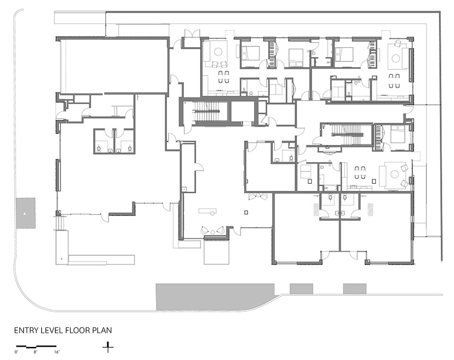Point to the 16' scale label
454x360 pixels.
point(56,352)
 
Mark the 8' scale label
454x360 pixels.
point(35,352)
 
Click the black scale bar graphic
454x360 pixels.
point(36,346)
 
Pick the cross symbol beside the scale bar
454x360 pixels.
point(108,347)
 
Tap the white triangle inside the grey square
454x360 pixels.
point(25,214)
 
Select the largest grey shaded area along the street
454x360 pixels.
point(215,297)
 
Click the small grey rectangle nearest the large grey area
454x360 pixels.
point(301,289)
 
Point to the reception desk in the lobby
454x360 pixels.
point(208,211)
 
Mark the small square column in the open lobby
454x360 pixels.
point(246,213)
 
